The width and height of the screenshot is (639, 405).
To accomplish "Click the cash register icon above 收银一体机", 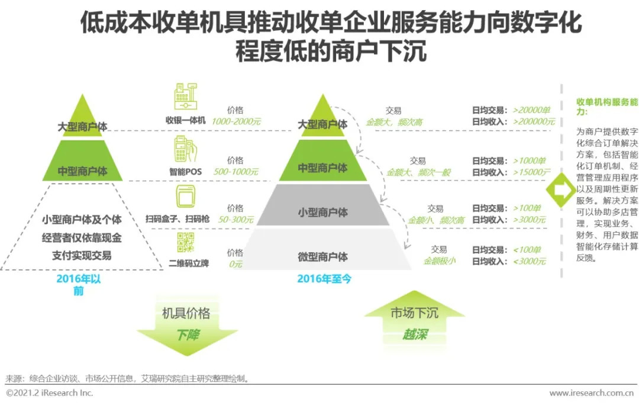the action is (x=186, y=97).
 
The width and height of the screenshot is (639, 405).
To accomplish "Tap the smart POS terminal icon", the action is (x=185, y=149).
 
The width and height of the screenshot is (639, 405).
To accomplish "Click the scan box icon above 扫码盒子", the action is (x=185, y=196).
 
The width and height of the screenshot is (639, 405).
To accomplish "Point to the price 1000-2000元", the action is (x=236, y=121).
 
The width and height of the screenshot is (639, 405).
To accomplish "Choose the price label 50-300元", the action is (x=235, y=220).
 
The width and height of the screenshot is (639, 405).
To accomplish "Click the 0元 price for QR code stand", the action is (x=235, y=264).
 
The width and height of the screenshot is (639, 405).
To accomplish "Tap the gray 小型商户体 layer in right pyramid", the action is (x=323, y=205).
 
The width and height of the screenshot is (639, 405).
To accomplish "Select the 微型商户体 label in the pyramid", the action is (x=323, y=256).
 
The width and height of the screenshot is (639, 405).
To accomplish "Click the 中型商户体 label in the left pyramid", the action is (x=82, y=171).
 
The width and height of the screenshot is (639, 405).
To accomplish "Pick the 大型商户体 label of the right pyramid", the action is (x=323, y=124).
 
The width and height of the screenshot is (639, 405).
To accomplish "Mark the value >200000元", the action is (x=534, y=121).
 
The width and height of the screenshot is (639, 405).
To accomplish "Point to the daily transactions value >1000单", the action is (x=529, y=160).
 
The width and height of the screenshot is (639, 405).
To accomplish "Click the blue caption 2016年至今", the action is (x=324, y=279).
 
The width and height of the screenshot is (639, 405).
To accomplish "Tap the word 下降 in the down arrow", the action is (x=188, y=335).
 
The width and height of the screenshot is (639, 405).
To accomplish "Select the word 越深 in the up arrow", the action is (x=414, y=335).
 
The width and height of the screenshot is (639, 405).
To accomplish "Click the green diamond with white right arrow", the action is (x=561, y=189).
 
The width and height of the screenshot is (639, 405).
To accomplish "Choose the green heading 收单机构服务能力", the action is (x=607, y=107).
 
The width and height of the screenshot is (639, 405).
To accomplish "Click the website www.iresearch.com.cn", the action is (x=591, y=393).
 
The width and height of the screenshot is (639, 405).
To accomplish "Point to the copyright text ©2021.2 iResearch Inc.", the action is (x=49, y=393).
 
